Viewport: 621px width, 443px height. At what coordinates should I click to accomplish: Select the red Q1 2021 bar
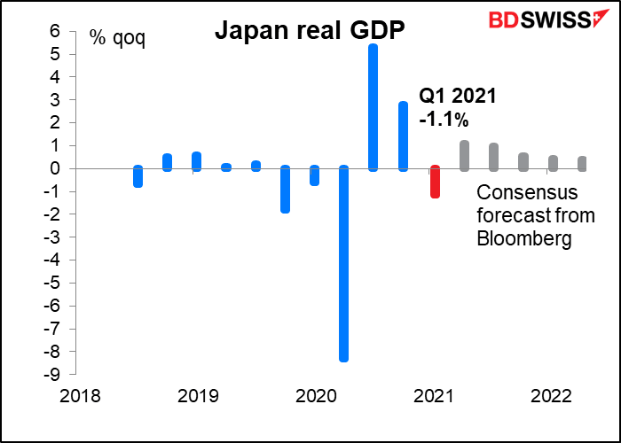[x=435, y=182]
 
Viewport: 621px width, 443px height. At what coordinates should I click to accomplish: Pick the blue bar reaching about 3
[x=403, y=136]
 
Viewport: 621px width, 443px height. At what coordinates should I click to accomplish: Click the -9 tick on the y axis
[x=51, y=373]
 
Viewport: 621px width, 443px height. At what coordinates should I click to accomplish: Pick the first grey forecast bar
[x=464, y=155]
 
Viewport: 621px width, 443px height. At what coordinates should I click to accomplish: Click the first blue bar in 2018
[x=138, y=176]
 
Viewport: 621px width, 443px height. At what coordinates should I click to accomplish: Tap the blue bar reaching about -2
[x=286, y=189]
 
